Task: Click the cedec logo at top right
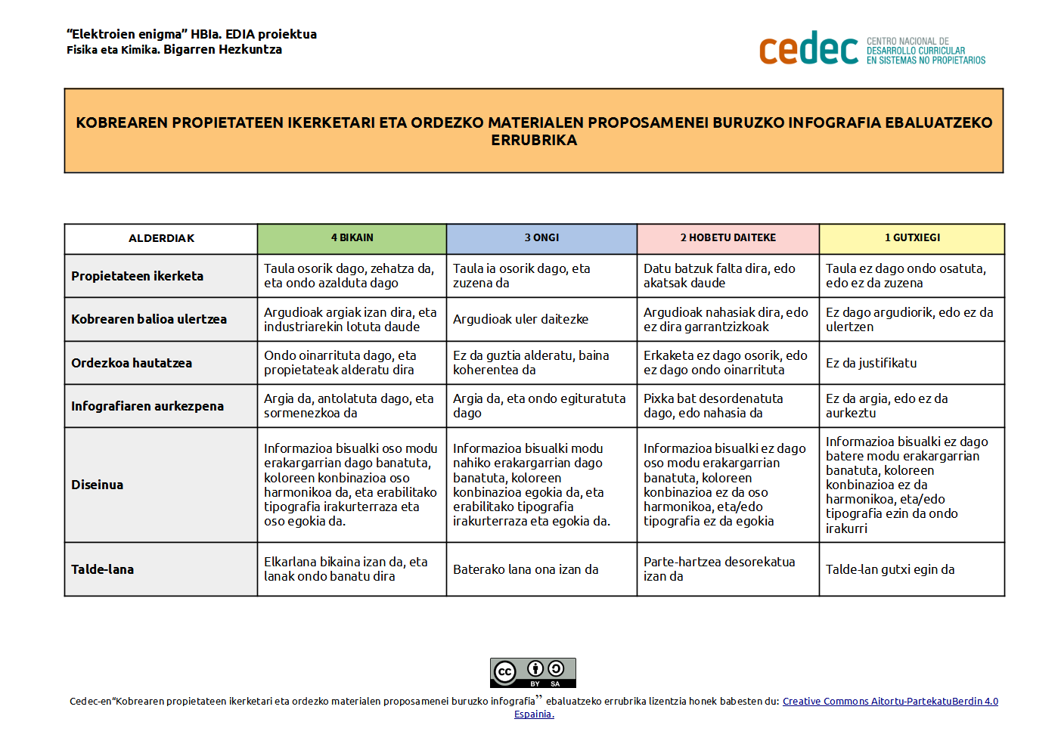[871, 49]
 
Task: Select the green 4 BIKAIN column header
[352, 238]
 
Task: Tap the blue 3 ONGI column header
[541, 238]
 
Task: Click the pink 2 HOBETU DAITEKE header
[727, 238]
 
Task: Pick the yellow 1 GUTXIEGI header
[912, 238]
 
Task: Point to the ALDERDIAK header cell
[161, 238]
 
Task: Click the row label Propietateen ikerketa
[137, 276]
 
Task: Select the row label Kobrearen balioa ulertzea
[149, 319]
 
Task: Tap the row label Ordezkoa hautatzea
[132, 363]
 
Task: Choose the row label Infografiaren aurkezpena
[147, 406]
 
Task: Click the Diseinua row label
[97, 485]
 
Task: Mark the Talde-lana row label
[102, 569]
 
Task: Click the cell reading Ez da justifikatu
[871, 363]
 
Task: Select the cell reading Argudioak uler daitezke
[520, 319]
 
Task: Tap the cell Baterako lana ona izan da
[526, 569]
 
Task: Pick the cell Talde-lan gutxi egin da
[890, 569]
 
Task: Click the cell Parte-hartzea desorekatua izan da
[719, 569]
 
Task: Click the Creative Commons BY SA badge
[532, 672]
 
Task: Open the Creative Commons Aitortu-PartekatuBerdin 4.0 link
[890, 702]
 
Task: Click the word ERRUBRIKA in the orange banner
[534, 141]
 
